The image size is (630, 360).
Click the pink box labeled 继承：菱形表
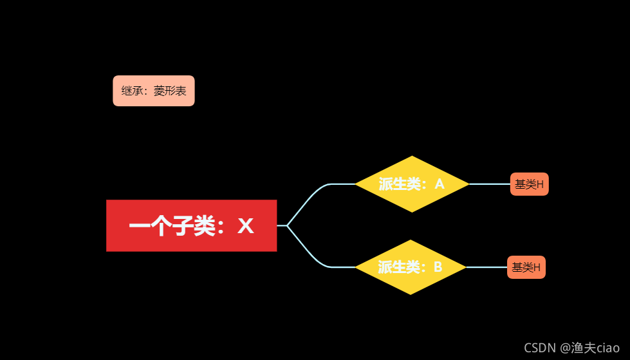pyautogui.click(x=154, y=91)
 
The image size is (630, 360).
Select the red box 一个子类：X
pyautogui.click(x=191, y=225)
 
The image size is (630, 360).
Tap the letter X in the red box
pyautogui.click(x=246, y=226)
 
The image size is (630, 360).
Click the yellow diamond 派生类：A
pyautogui.click(x=412, y=184)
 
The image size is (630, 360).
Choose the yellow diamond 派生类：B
pyautogui.click(x=411, y=267)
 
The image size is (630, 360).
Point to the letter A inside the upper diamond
pyautogui.click(x=440, y=184)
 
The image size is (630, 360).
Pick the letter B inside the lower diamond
pyautogui.click(x=438, y=267)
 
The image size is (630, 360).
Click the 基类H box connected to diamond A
pyautogui.click(x=529, y=184)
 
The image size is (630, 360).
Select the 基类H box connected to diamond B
pyautogui.click(x=526, y=267)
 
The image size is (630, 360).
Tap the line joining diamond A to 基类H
pyautogui.click(x=490, y=184)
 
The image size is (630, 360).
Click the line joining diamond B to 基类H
pyautogui.click(x=486, y=267)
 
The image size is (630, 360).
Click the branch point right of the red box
pyautogui.click(x=287, y=225)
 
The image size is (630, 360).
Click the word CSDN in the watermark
pyautogui.click(x=539, y=348)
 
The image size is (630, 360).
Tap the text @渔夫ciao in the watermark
pyautogui.click(x=589, y=348)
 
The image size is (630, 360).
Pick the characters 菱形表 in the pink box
pyautogui.click(x=170, y=91)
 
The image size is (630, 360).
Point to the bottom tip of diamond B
pyautogui.click(x=411, y=294)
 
